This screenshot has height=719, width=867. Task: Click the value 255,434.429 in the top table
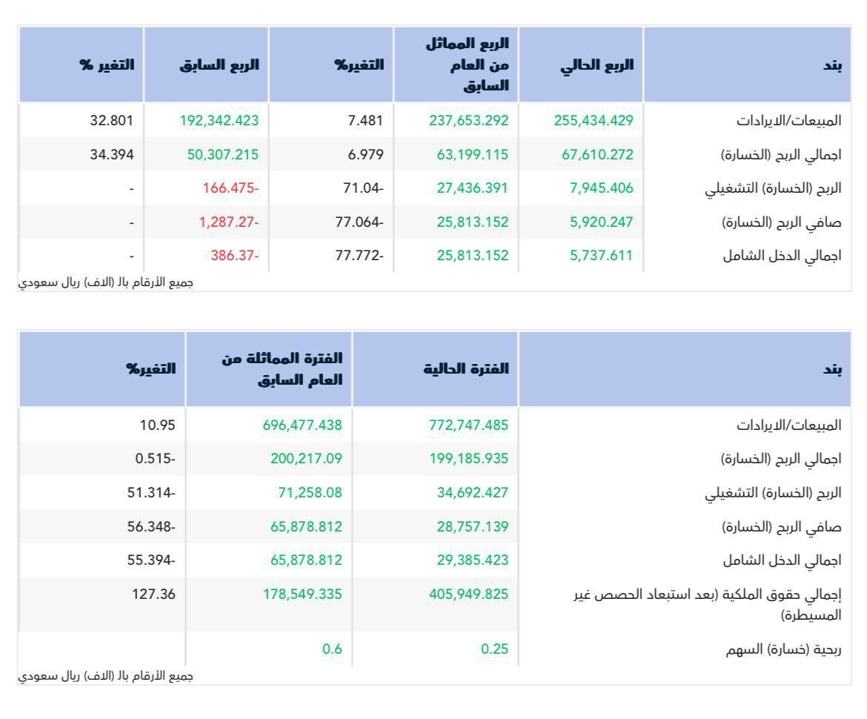click(x=594, y=121)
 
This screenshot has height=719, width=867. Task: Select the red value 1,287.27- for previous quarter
click(x=228, y=222)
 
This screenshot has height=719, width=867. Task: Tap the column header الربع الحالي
click(x=597, y=64)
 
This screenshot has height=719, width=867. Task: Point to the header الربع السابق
click(x=219, y=64)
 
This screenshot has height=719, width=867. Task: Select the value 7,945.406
click(x=602, y=188)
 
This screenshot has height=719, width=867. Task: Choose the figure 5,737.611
click(x=602, y=256)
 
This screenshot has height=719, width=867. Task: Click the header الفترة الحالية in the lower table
click(x=466, y=368)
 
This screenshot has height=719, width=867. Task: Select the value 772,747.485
click(x=468, y=425)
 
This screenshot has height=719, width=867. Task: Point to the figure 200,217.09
click(x=306, y=459)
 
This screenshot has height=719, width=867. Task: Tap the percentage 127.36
click(x=153, y=594)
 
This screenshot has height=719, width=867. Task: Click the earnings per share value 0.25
click(x=494, y=649)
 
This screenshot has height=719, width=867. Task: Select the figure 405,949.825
click(x=468, y=594)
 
